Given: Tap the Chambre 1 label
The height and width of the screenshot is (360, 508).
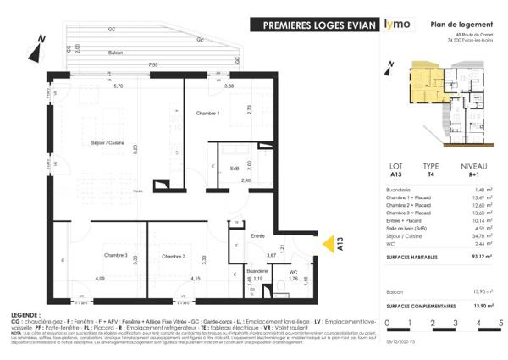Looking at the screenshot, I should click(x=207, y=114).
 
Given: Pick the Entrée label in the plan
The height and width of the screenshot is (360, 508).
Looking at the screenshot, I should click(x=258, y=235).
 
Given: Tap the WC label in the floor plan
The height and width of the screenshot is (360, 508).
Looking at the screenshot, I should click(x=292, y=273).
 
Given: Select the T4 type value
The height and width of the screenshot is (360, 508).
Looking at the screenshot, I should click(x=432, y=176).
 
